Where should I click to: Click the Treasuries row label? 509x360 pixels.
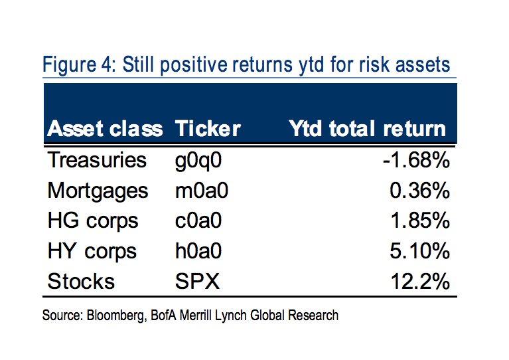(x=96, y=160)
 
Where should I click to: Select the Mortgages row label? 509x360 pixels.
(x=98, y=191)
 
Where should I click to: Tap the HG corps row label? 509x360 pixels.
(x=92, y=221)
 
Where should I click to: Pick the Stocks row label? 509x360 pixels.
(x=81, y=281)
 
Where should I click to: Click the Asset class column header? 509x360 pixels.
(x=104, y=128)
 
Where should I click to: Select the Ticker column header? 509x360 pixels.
(x=207, y=128)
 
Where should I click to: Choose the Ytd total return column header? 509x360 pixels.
(x=367, y=128)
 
